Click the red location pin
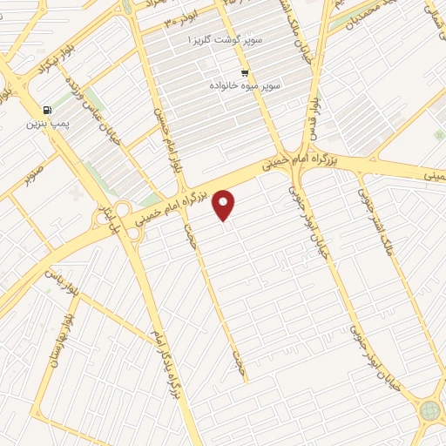click(x=225, y=205)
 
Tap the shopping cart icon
click(x=245, y=73)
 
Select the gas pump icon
click(x=46, y=111)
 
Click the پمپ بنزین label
click(x=45, y=125)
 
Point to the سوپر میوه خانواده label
click(x=244, y=86)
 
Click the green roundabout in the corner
click(x=429, y=410)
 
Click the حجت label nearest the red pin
click(x=189, y=234)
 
